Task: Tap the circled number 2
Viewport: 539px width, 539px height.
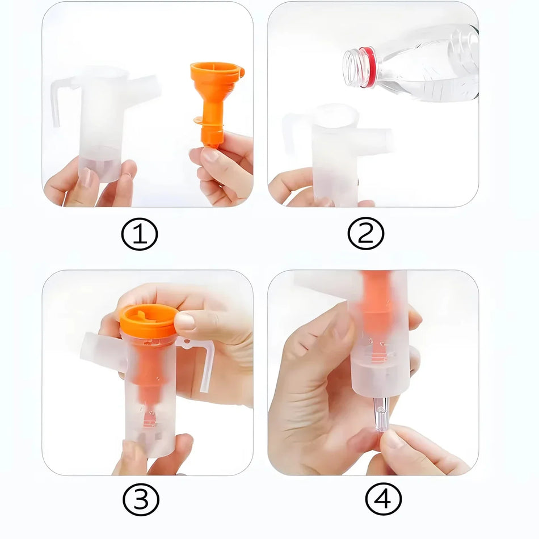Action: coord(366,234)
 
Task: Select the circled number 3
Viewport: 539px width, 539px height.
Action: coord(141,500)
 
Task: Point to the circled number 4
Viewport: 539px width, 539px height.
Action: coord(384,500)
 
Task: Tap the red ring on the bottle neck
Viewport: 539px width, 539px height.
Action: coord(368,67)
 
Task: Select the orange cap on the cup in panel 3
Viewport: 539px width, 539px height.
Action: coord(149,320)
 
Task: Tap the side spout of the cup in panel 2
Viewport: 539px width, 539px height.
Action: coord(377,141)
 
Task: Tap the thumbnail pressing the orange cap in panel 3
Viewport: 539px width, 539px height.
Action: coord(185,322)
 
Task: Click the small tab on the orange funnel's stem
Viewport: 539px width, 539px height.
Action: coord(199,120)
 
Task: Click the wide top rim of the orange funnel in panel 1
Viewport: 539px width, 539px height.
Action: coord(217,71)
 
